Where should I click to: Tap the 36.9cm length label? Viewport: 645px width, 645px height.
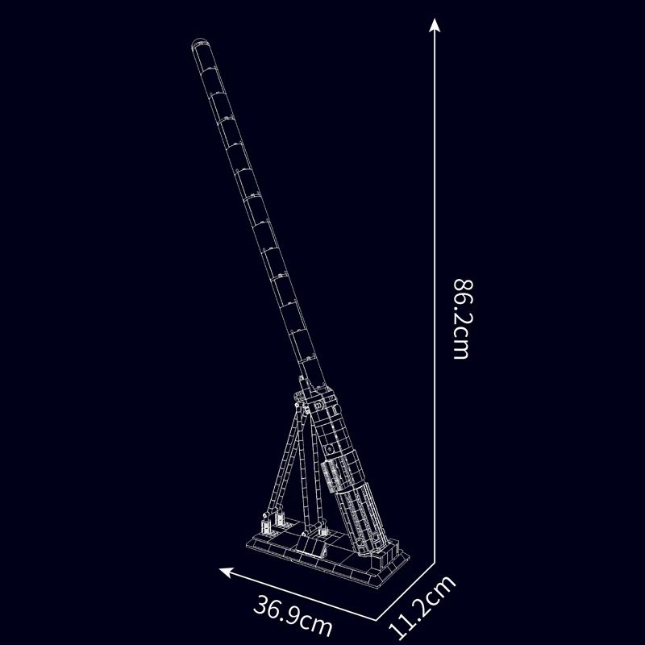[x=293, y=615]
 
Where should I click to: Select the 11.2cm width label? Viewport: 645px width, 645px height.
[x=422, y=606]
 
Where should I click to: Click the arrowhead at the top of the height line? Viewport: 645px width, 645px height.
[x=435, y=25]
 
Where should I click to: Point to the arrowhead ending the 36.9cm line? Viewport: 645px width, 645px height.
[x=226, y=572]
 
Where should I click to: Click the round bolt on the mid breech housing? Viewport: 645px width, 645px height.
[x=329, y=447]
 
